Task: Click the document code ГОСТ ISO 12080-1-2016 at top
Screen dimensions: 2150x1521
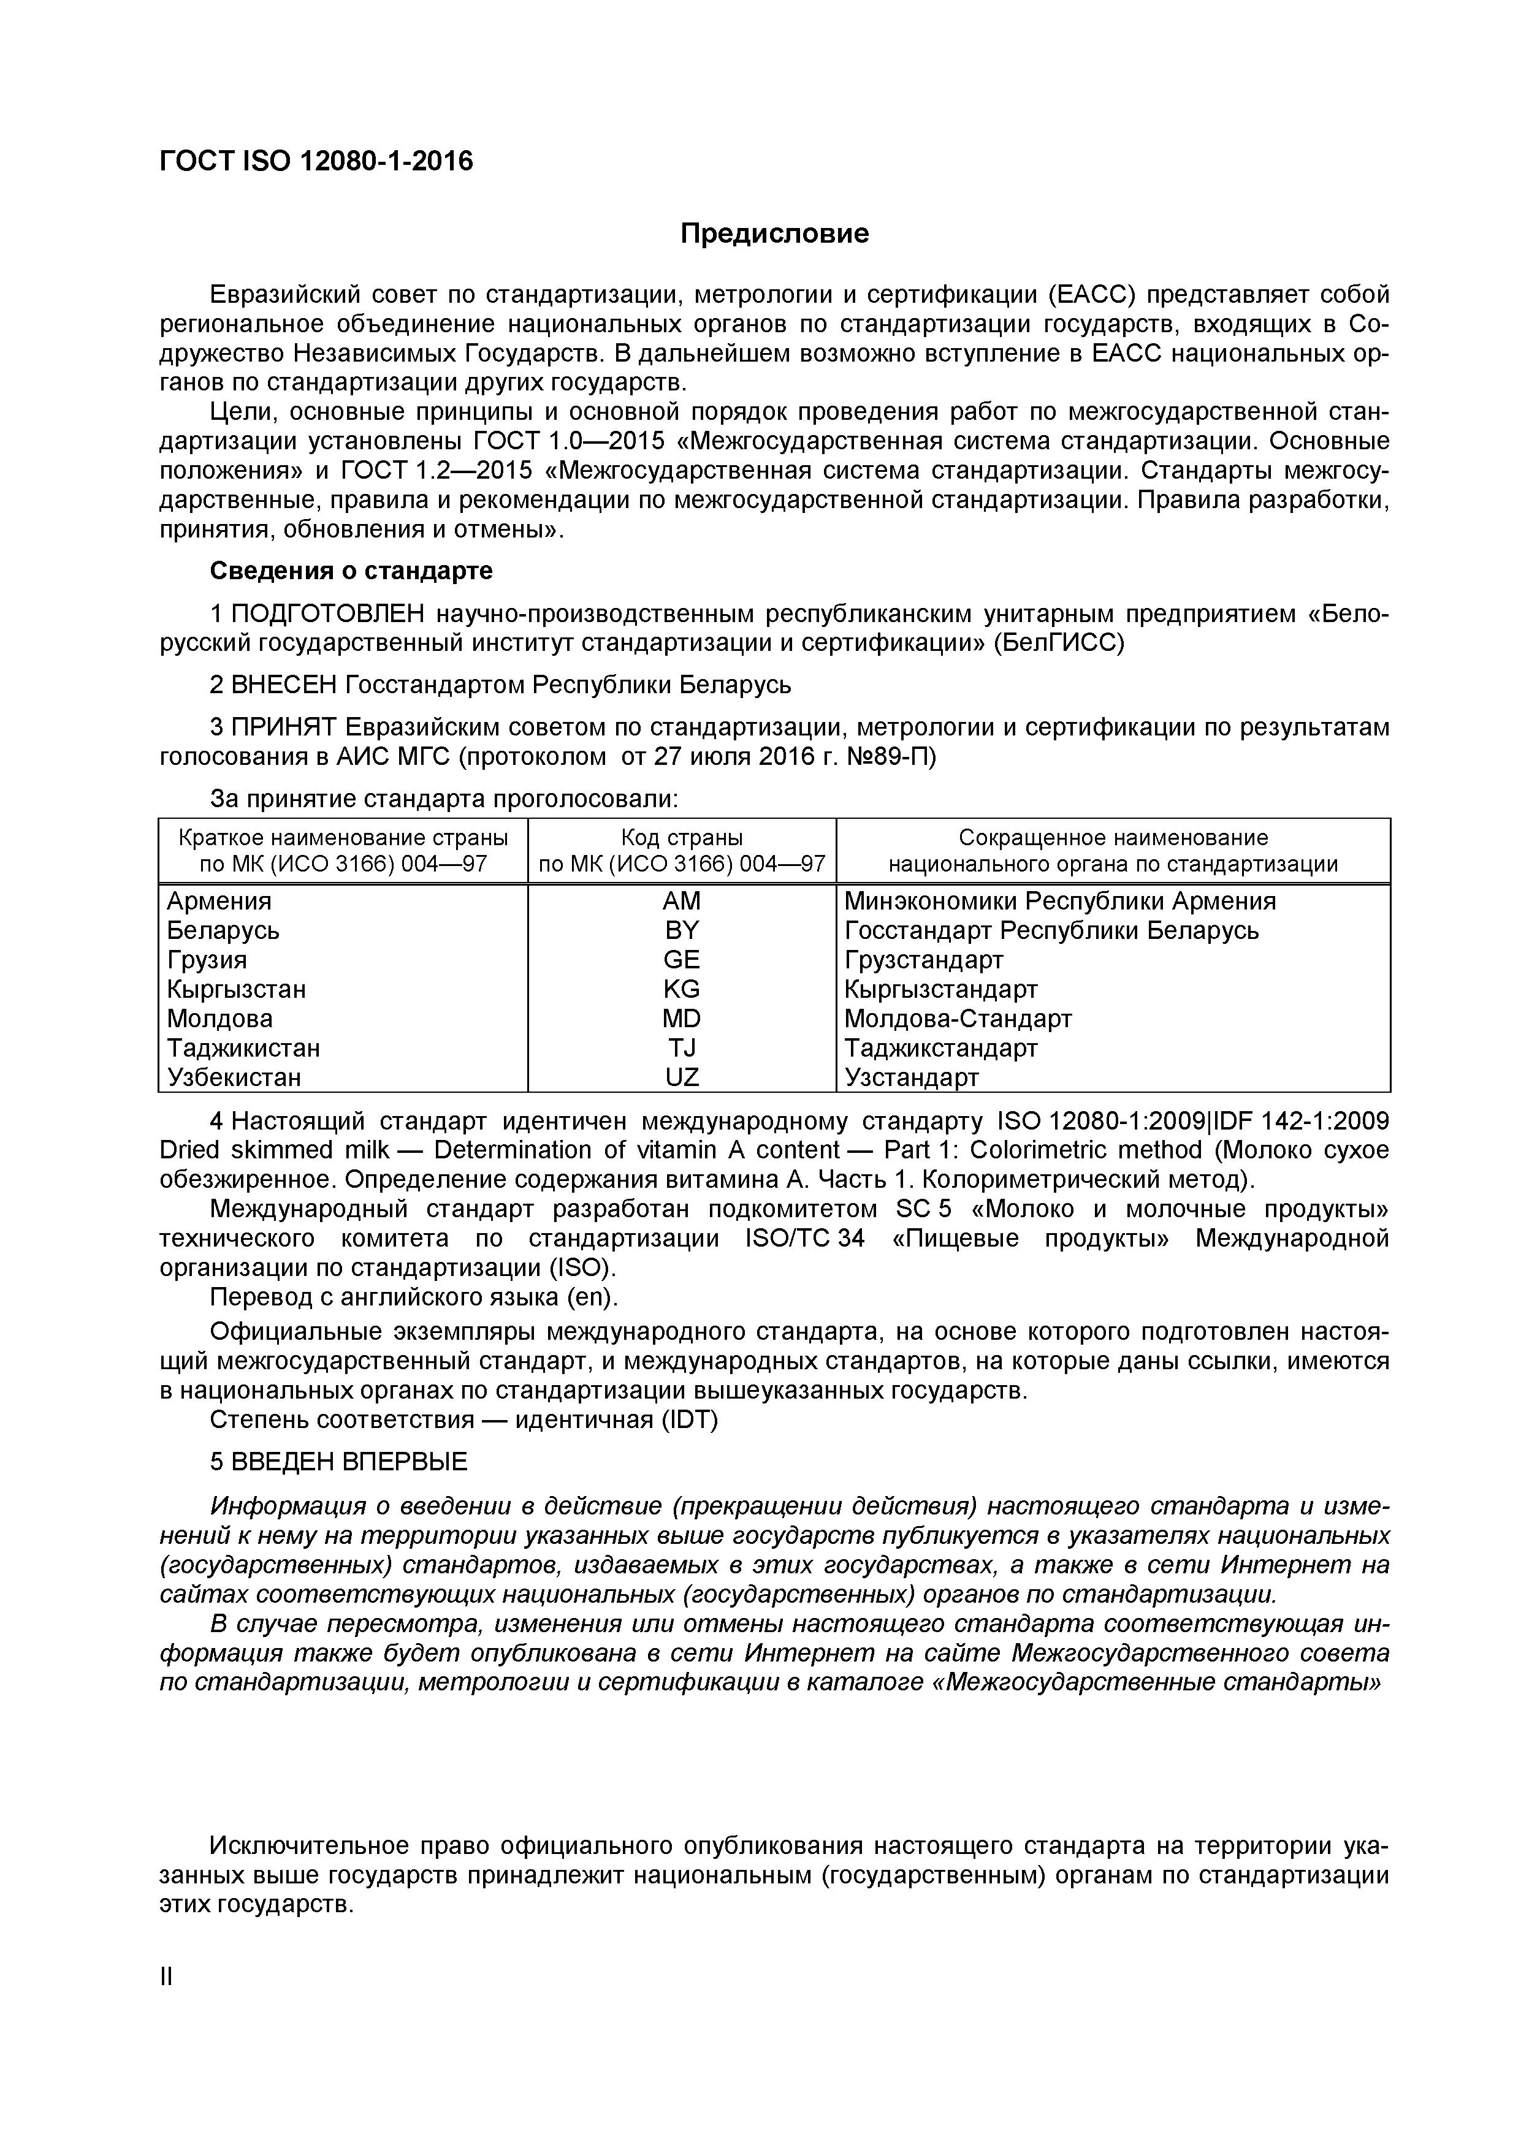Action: tap(316, 162)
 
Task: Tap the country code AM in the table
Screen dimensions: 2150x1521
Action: tap(681, 901)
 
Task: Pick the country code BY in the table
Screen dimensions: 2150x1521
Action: tap(681, 930)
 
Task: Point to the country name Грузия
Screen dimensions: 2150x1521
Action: tap(207, 960)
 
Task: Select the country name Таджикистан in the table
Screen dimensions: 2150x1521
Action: tap(243, 1048)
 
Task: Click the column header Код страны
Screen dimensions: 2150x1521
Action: tap(682, 837)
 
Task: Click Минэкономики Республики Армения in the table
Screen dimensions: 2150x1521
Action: tap(1059, 901)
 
